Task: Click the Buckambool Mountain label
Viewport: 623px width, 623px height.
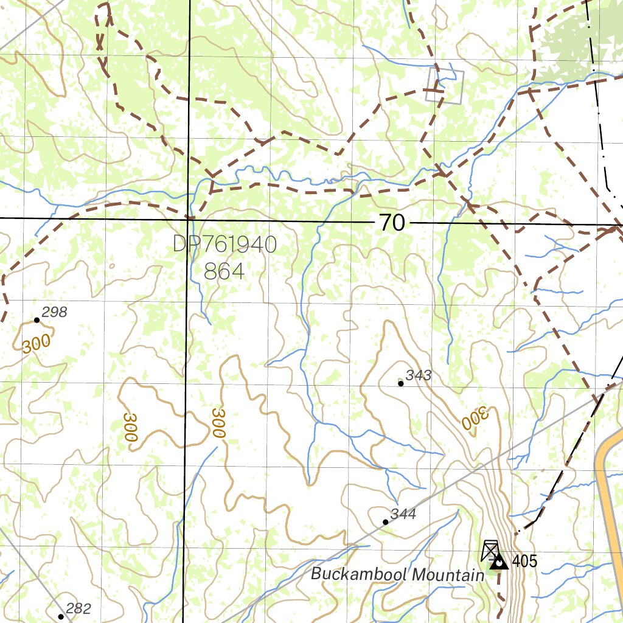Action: [x=397, y=574]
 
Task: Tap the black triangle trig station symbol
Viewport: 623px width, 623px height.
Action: [x=499, y=562]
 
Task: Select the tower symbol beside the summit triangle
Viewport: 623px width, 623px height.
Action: [x=490, y=550]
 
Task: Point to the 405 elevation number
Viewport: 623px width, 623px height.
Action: [x=524, y=561]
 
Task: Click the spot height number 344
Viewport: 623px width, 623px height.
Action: [x=403, y=515]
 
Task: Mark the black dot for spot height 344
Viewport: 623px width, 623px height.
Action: [x=386, y=522]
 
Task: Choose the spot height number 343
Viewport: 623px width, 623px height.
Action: [x=419, y=375]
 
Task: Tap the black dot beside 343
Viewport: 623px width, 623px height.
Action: [x=400, y=383]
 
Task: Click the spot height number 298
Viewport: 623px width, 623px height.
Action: [x=55, y=313]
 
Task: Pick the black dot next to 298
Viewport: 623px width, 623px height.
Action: [x=37, y=319]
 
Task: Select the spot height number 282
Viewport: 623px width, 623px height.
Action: [x=78, y=608]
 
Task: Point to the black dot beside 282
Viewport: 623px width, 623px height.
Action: [x=61, y=616]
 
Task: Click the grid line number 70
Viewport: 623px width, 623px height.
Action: [x=392, y=223]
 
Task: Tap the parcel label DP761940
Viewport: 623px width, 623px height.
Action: [x=224, y=245]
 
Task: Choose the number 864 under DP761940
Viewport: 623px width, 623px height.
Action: [x=224, y=271]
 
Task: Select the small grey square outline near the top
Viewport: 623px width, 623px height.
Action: [x=445, y=86]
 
